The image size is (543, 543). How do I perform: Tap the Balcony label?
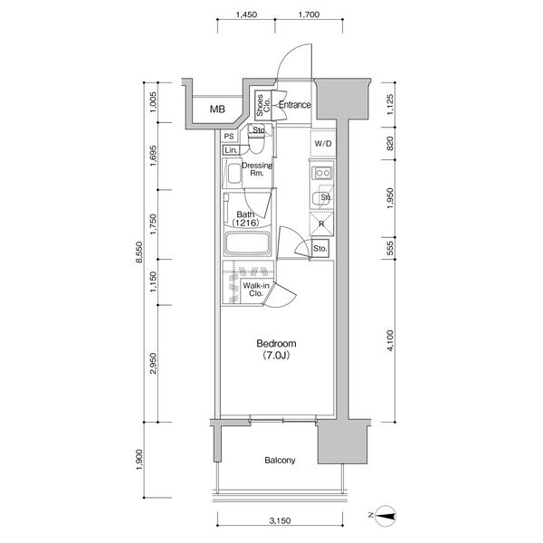point(280,461)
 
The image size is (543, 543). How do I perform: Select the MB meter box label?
point(217,110)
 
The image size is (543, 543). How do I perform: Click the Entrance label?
point(295,105)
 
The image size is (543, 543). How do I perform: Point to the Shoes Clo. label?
point(263,105)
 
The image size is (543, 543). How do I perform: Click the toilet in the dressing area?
point(257,143)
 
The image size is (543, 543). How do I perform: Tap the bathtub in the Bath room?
point(247,243)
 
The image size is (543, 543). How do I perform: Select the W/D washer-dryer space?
point(323,143)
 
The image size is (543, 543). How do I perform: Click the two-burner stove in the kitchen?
point(322,173)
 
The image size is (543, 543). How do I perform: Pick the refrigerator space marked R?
point(321,224)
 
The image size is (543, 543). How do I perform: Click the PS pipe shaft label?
point(229,137)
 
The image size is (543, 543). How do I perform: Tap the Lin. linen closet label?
point(231,150)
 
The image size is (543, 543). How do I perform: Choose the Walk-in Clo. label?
point(256,290)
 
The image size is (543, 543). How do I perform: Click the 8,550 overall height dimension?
point(138,252)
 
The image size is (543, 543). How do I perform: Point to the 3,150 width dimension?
point(281,520)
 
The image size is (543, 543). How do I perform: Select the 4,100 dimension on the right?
point(390,341)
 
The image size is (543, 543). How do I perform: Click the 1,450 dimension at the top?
point(246,14)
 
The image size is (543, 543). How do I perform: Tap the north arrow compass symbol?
point(386,516)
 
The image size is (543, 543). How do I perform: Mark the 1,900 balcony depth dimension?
point(138,460)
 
